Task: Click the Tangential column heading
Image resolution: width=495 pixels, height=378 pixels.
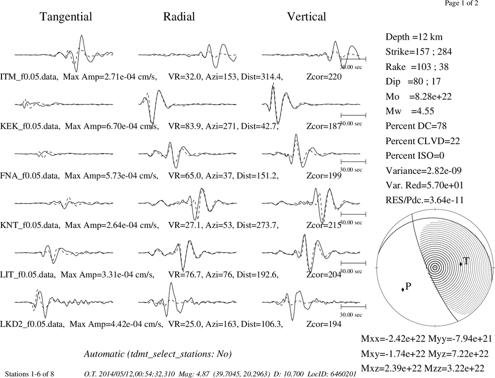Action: point(66,17)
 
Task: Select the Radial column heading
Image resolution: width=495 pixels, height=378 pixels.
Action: point(179,16)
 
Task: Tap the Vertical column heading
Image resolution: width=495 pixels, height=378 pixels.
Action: point(306,16)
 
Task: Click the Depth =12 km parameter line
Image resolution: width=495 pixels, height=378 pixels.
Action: point(414,37)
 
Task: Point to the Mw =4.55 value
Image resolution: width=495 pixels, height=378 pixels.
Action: point(410,111)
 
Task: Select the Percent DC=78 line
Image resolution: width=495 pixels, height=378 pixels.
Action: point(416,126)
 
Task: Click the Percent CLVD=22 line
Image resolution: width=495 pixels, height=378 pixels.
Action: point(423,141)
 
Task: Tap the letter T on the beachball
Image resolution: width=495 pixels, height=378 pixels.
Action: point(466,261)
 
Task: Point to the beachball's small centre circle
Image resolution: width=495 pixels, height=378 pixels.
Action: point(435,268)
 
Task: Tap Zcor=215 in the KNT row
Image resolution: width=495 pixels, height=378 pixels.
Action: point(324,225)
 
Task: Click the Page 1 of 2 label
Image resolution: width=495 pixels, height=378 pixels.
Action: point(461,3)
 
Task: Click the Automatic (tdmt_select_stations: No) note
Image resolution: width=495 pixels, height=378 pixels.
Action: point(158,354)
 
